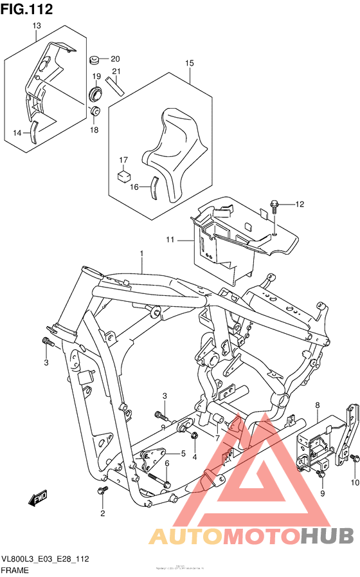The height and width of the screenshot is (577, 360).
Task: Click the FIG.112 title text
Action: pyautogui.click(x=26, y=8)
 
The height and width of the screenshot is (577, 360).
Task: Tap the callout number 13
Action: pyautogui.click(x=37, y=25)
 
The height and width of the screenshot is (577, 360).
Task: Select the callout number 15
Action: pyautogui.click(x=190, y=63)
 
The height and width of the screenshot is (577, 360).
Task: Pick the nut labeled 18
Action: pyautogui.click(x=94, y=112)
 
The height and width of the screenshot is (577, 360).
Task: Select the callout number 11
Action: pyautogui.click(x=170, y=241)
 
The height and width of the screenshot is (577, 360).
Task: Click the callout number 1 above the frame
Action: pyautogui.click(x=141, y=254)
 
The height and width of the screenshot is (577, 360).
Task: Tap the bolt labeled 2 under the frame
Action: pyautogui.click(x=101, y=491)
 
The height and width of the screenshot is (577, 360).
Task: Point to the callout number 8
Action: pyautogui.click(x=318, y=405)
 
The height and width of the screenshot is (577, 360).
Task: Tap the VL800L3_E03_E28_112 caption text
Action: pyautogui.click(x=44, y=560)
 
